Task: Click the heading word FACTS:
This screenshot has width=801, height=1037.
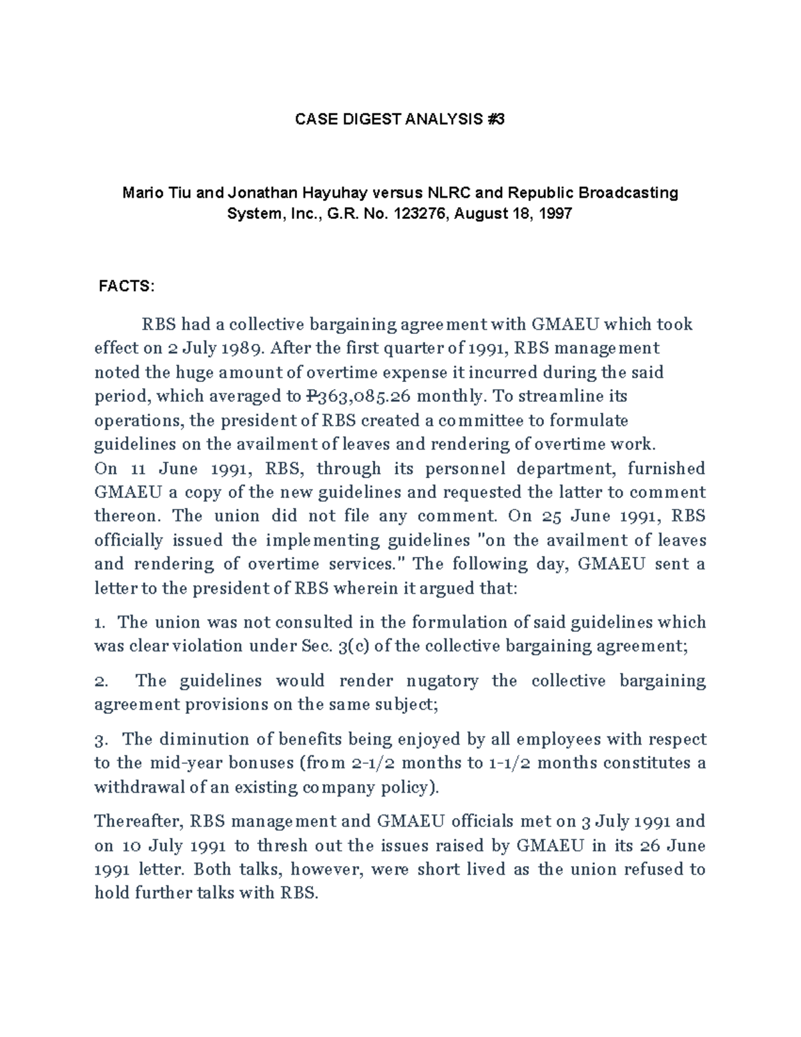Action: (x=126, y=286)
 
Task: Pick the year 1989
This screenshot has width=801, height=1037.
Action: (x=240, y=349)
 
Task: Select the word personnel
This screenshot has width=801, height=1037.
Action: (x=465, y=469)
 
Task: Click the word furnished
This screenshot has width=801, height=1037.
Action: (x=665, y=469)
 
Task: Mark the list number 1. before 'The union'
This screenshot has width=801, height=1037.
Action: (x=100, y=623)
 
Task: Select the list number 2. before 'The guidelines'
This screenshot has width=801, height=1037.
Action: (x=101, y=681)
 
